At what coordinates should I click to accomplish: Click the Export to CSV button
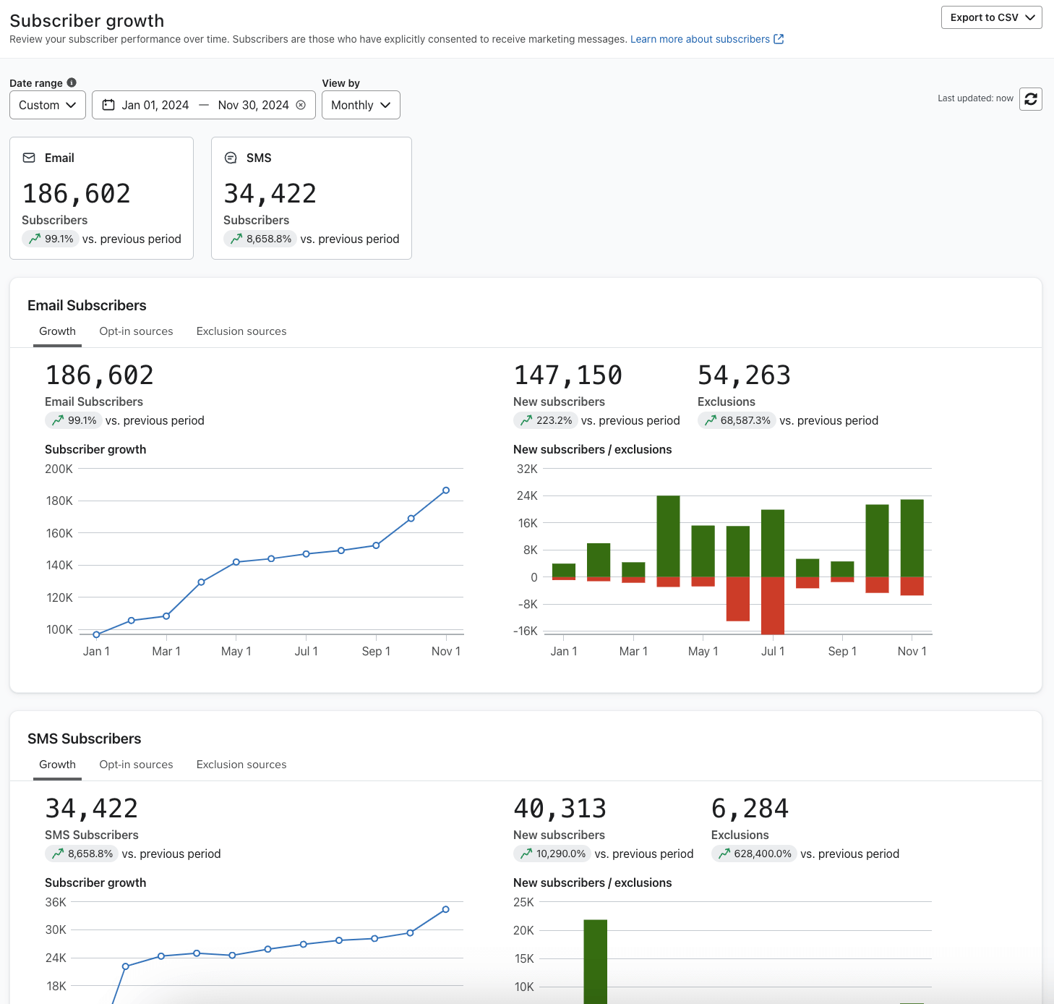tap(990, 17)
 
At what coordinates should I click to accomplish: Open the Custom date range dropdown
tap(48, 105)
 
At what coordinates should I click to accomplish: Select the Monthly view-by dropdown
tap(360, 105)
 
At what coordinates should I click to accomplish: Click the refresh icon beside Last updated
tap(1030, 99)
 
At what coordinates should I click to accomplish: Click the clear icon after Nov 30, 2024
tap(301, 105)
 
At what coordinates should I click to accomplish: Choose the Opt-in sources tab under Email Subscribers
tap(136, 331)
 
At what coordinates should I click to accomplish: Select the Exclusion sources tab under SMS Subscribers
tap(241, 765)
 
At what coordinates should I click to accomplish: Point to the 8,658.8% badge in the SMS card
tap(260, 239)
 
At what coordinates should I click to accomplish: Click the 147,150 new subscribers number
tap(567, 375)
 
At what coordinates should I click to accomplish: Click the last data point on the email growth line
tap(446, 490)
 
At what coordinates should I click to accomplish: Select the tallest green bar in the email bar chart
tap(668, 535)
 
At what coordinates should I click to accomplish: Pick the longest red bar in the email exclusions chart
tap(773, 605)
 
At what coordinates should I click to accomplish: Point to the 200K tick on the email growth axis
tap(59, 469)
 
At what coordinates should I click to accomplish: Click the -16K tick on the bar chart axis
tap(526, 631)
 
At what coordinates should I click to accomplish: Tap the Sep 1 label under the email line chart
tap(376, 651)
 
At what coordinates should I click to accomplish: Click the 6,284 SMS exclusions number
tap(750, 809)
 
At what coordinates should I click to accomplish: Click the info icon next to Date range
tap(72, 82)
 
